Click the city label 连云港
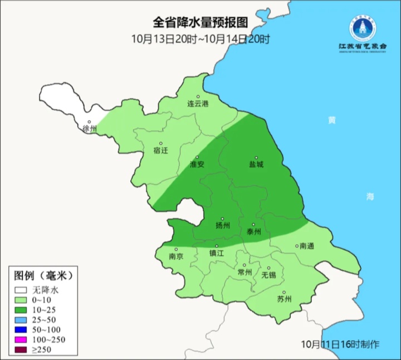tap(197, 104)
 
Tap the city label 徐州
tap(90, 129)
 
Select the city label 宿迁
tap(160, 150)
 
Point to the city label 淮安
tap(197, 164)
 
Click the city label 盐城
tap(256, 164)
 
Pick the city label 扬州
tap(223, 226)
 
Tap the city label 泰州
tap(253, 231)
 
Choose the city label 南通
tap(307, 245)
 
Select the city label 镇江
tap(217, 252)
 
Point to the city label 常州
tap(244, 272)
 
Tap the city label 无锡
tap(268, 275)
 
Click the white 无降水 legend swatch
tap(21, 290)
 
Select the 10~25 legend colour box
tap(21, 310)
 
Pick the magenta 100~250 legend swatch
tap(21, 340)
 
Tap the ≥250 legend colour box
tap(21, 350)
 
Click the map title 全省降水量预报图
tap(200, 23)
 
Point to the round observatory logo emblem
tap(363, 26)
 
